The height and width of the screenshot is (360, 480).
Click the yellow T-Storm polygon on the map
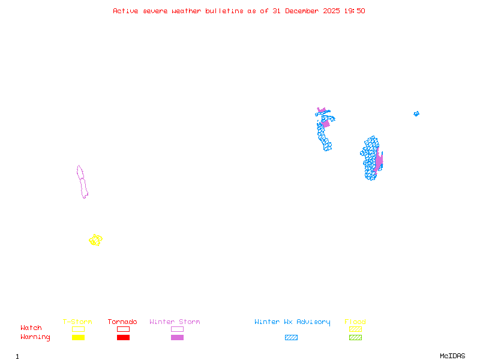pos(95,240)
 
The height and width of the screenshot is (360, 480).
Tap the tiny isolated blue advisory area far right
pos(416,113)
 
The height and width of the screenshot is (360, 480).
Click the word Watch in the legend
pos(31,328)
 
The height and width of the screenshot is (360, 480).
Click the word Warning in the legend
pos(35,337)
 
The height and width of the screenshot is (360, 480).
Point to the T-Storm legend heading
pos(77,322)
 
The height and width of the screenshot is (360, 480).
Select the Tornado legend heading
pos(122,322)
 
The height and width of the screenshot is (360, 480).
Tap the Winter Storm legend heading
pos(175,322)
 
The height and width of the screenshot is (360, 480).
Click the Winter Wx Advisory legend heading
pos(292,322)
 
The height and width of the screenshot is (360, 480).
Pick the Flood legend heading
pos(355,322)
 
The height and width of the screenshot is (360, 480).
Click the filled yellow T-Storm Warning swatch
pos(78,337)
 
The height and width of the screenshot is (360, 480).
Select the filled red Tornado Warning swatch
pos(123,337)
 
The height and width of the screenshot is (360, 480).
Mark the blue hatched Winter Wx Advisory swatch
pos(291,337)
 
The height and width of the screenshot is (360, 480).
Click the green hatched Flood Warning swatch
pos(355,337)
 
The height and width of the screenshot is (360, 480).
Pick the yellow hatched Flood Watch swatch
pos(355,329)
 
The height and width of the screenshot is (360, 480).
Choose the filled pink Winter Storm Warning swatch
pos(177,337)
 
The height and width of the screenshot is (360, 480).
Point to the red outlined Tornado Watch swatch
pos(123,329)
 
